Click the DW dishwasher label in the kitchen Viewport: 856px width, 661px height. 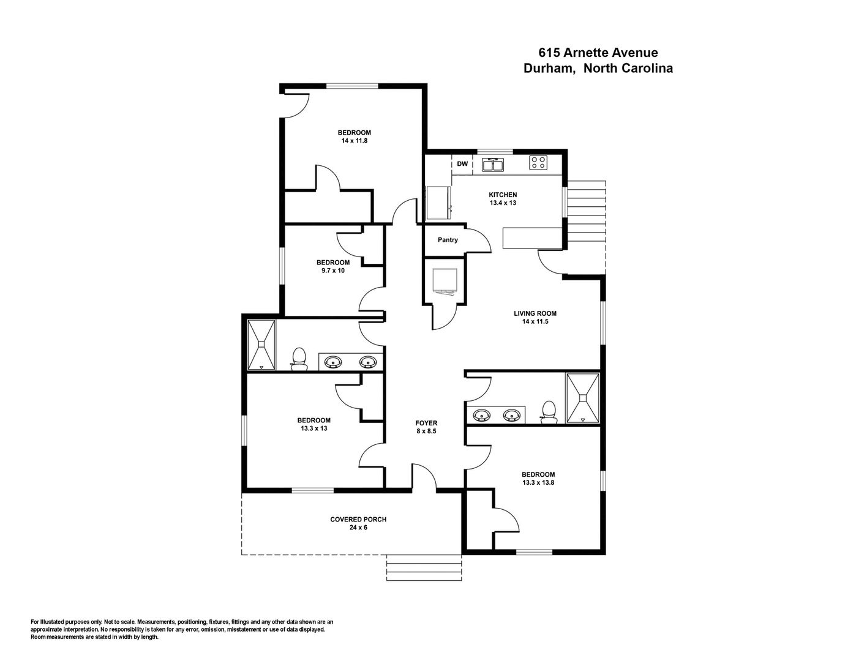tap(462, 164)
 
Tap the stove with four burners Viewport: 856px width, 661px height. tap(538, 163)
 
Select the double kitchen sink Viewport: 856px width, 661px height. tap(492, 165)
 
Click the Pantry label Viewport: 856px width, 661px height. tap(448, 240)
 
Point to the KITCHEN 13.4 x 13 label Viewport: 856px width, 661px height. tap(503, 199)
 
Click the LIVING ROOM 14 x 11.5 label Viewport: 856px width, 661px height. tap(535, 317)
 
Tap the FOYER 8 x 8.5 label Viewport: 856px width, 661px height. tap(426, 427)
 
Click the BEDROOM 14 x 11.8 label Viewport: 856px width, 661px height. tap(354, 136)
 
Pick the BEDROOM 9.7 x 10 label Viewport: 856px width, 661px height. tap(333, 266)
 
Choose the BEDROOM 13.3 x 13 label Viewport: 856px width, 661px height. tap(313, 424)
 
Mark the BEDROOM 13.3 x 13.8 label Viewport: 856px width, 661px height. tap(538, 478)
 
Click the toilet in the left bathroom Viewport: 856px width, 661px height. tap(299, 359)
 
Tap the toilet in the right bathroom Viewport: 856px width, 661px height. tap(549, 411)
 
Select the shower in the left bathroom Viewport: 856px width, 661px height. tap(261, 345)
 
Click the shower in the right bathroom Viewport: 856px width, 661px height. tap(582, 398)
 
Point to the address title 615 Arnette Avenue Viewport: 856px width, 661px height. tap(598, 53)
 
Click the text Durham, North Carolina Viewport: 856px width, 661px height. tap(598, 69)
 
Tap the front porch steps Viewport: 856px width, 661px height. tap(423, 569)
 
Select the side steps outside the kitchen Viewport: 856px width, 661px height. tap(586, 226)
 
